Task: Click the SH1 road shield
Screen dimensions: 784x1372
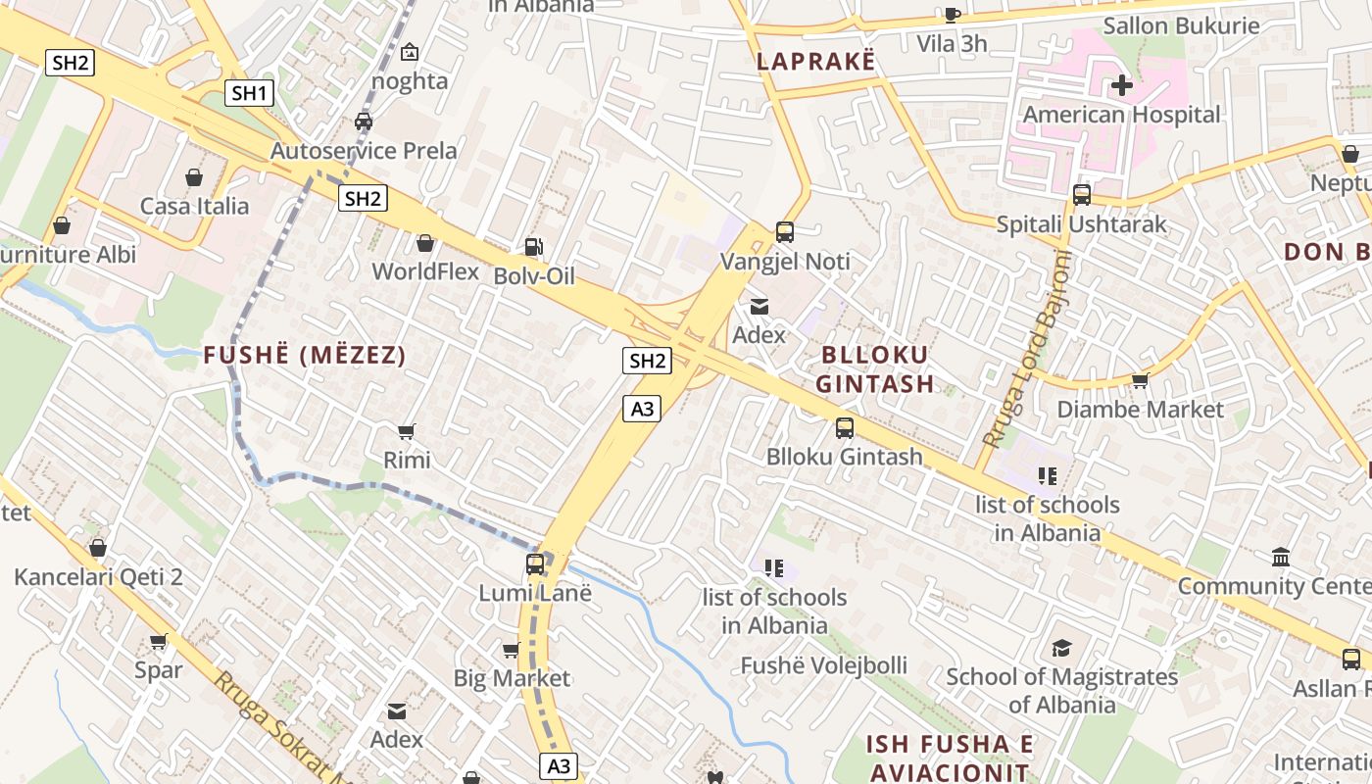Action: pyautogui.click(x=249, y=93)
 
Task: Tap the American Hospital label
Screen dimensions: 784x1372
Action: pyautogui.click(x=1122, y=115)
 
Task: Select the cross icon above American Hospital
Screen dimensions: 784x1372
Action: pyautogui.click(x=1122, y=85)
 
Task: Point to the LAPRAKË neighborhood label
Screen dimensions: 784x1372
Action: pyautogui.click(x=814, y=61)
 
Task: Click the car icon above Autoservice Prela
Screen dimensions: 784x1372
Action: pyautogui.click(x=364, y=122)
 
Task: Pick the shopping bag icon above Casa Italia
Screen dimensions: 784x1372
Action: pyautogui.click(x=194, y=177)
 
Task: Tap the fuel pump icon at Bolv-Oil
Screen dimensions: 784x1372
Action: pyautogui.click(x=532, y=248)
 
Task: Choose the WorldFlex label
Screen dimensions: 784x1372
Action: pyautogui.click(x=425, y=271)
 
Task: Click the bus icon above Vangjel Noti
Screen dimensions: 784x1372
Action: pyautogui.click(x=785, y=232)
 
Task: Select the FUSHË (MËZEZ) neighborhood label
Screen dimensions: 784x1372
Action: pyautogui.click(x=305, y=356)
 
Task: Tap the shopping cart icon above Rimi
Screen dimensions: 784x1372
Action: pyautogui.click(x=407, y=431)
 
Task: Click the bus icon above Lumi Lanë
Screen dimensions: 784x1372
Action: pyautogui.click(x=535, y=564)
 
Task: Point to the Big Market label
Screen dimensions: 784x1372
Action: pyautogui.click(x=512, y=678)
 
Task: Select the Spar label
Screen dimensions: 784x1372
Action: pyautogui.click(x=159, y=670)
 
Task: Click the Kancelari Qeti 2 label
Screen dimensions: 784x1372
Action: pyautogui.click(x=98, y=576)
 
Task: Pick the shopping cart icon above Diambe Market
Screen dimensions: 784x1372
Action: pyautogui.click(x=1140, y=380)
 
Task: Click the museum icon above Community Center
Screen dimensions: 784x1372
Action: pyautogui.click(x=1280, y=558)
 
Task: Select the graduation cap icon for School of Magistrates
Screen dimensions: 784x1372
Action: pyautogui.click(x=1061, y=648)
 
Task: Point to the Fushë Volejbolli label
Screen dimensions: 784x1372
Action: pyautogui.click(x=823, y=665)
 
